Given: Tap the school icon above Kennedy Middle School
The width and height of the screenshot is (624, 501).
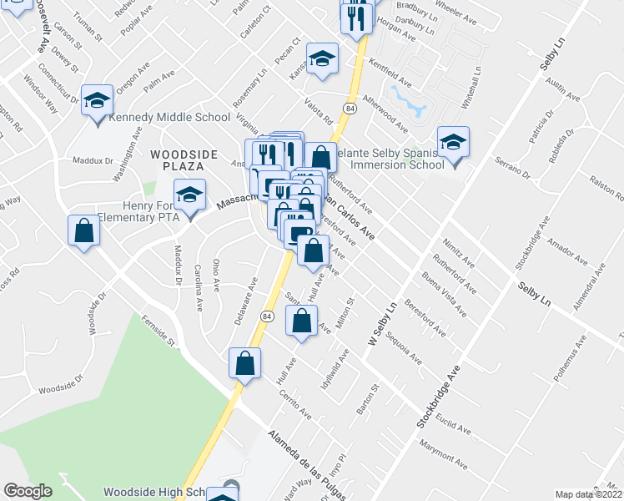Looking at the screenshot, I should [98, 101].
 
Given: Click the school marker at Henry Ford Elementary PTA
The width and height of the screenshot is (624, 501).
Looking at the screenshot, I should [190, 196].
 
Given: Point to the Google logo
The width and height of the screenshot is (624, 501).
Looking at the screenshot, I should [28, 491].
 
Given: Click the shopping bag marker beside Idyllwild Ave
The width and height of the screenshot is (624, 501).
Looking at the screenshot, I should [302, 321].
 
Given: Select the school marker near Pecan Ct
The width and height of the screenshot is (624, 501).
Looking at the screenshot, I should [322, 59].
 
